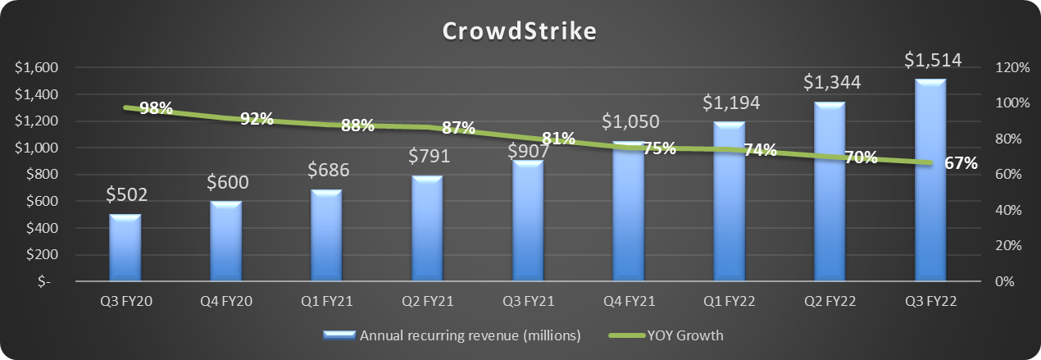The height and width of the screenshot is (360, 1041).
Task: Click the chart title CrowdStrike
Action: [x=520, y=31]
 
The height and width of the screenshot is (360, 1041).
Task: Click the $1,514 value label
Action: [x=933, y=61]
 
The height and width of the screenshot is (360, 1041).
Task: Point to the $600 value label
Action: [x=226, y=182]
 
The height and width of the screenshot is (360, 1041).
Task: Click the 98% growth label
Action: [x=156, y=108]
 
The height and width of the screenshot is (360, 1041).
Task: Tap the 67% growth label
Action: [x=961, y=163]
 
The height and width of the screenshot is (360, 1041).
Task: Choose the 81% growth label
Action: [x=558, y=139]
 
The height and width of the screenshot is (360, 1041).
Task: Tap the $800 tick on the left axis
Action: [x=36, y=175]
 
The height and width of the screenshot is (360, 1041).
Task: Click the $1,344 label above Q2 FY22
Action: [x=832, y=82]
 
